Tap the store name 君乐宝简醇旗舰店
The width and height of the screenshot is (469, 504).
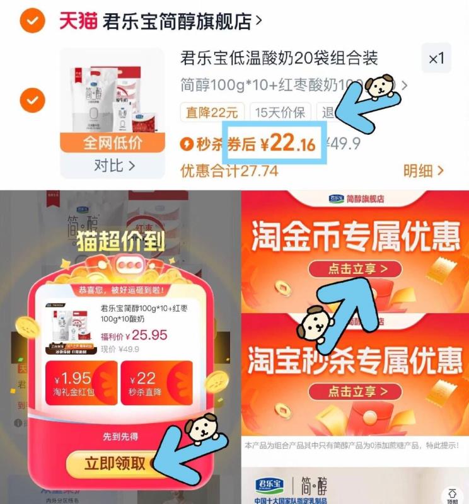[x=178, y=21]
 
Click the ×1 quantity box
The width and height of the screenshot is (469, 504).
[x=436, y=59]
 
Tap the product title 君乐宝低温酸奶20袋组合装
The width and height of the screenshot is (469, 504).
[x=279, y=59]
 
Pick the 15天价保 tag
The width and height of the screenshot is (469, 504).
[x=281, y=113]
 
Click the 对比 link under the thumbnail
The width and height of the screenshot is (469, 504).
[x=114, y=166]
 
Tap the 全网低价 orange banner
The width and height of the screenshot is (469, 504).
[x=113, y=142]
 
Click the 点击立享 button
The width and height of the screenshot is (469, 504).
[x=356, y=270]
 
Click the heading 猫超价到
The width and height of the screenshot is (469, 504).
[x=120, y=241]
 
